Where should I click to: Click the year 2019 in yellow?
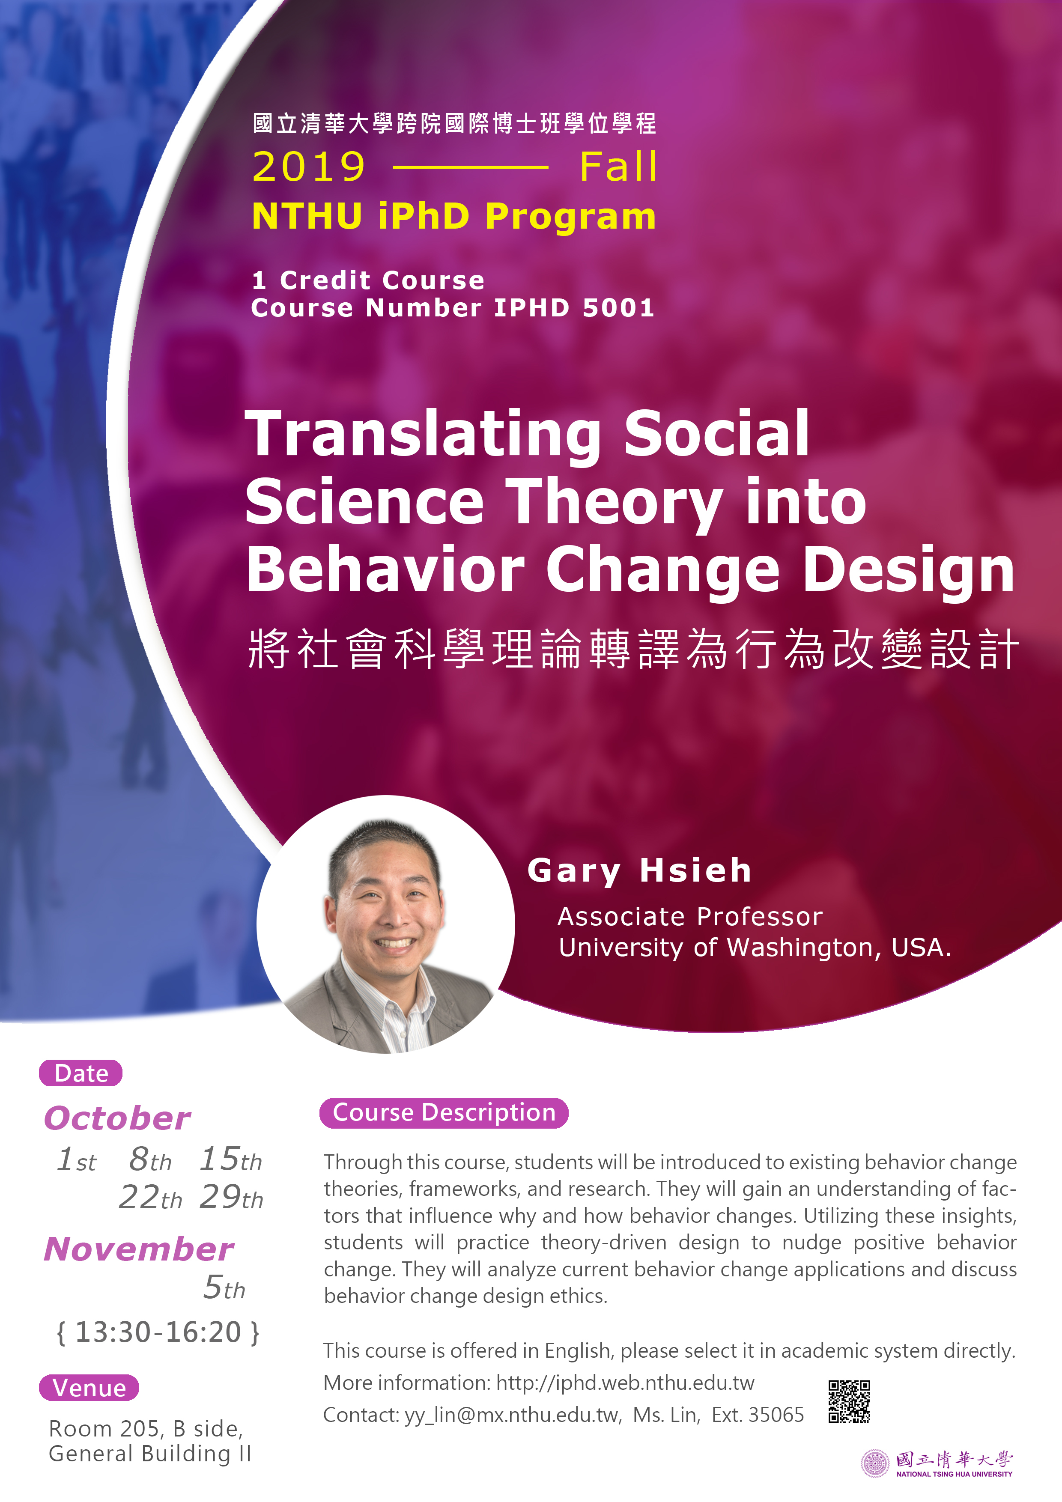tap(309, 167)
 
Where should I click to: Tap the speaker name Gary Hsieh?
tap(639, 871)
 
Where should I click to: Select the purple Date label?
tap(81, 1073)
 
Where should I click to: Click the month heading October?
tap(118, 1118)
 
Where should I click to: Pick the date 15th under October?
tap(230, 1159)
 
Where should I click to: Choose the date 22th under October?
tap(150, 1197)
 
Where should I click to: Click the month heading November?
tap(139, 1249)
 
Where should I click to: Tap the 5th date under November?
tap(224, 1287)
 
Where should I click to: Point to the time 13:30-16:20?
tap(158, 1332)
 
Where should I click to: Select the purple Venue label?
tap(89, 1388)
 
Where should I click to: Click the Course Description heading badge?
tap(444, 1113)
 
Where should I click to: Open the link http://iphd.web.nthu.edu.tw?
tap(625, 1383)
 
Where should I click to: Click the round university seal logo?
tap(876, 1464)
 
